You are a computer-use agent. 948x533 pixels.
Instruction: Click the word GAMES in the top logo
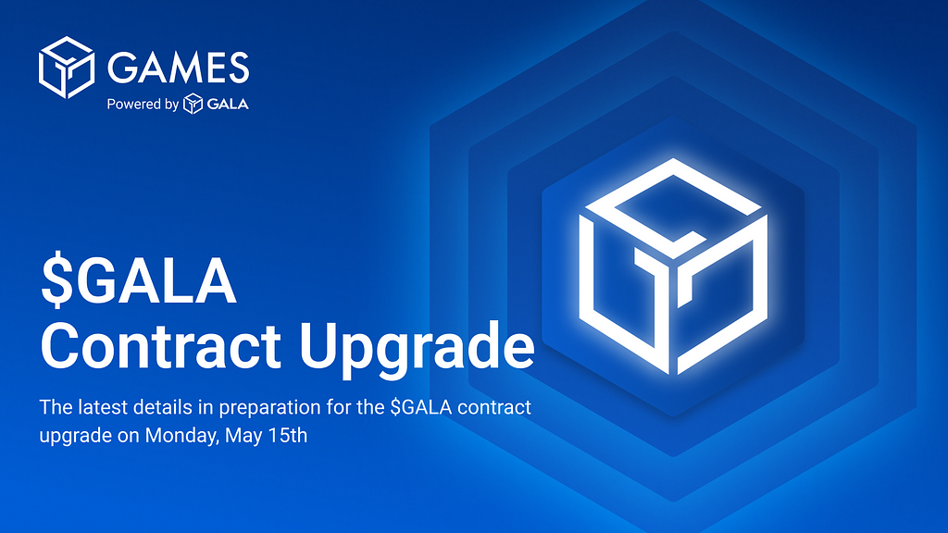179,67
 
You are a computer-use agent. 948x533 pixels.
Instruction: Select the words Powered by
143,105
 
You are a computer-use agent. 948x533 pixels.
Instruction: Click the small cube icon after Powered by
193,104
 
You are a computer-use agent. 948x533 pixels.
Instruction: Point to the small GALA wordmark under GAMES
228,104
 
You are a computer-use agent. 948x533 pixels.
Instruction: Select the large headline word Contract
160,346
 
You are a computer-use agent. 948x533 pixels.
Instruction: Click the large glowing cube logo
674,266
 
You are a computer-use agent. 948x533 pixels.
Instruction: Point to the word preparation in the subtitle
269,408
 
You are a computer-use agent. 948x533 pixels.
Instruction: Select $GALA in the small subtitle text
421,407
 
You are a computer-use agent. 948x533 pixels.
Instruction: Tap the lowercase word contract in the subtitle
494,408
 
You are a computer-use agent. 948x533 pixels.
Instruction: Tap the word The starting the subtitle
56,407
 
